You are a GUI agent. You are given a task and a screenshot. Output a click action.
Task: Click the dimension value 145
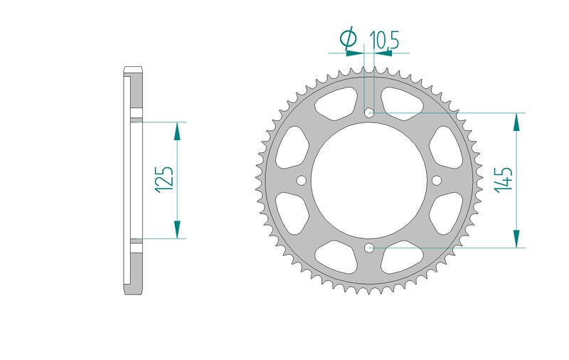pyautogui.click(x=504, y=180)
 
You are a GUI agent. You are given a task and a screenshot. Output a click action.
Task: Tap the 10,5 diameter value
pyautogui.click(x=384, y=41)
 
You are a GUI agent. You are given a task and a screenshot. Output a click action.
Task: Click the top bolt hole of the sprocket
pyautogui.click(x=369, y=112)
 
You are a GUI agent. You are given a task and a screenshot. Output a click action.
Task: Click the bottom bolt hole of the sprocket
pyautogui.click(x=369, y=248)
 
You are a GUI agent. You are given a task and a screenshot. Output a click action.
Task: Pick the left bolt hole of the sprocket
pyautogui.click(x=301, y=180)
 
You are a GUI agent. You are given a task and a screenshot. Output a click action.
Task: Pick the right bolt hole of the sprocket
pyautogui.click(x=437, y=180)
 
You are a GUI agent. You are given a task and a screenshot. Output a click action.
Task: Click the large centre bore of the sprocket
pyautogui.click(x=369, y=180)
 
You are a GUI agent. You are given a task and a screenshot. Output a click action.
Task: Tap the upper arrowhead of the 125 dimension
pyautogui.click(x=177, y=132)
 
